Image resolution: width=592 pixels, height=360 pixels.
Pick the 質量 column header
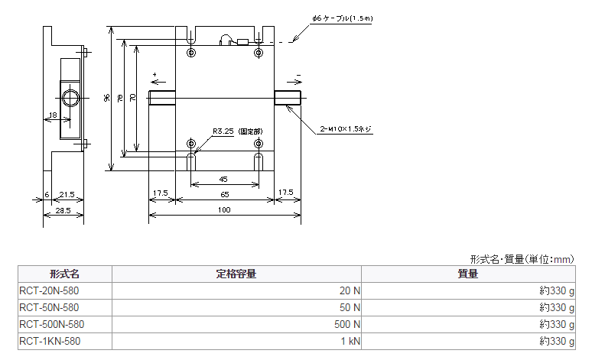pos(468,274)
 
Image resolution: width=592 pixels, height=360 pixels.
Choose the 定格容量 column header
pos(236,274)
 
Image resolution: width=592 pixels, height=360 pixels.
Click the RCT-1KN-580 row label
pos(50,341)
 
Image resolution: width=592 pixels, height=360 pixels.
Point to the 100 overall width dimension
pos(224,210)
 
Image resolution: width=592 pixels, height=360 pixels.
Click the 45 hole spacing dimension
pos(223,180)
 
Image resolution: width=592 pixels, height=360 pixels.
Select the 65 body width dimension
pos(225,194)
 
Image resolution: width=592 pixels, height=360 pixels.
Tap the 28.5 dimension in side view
pos(63,210)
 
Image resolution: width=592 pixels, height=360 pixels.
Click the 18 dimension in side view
pos(53,115)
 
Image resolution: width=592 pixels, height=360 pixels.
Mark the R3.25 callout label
pos(223,131)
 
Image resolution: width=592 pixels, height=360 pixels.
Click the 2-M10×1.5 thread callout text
pos(346,128)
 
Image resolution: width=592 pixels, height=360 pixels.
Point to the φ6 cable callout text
pos(343,18)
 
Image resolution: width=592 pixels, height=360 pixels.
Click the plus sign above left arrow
pos(155,75)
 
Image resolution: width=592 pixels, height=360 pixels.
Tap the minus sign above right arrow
pos(298,75)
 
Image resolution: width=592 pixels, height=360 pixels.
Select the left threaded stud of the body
pos(162,98)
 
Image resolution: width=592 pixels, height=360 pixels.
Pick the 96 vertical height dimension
pos(107,98)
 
